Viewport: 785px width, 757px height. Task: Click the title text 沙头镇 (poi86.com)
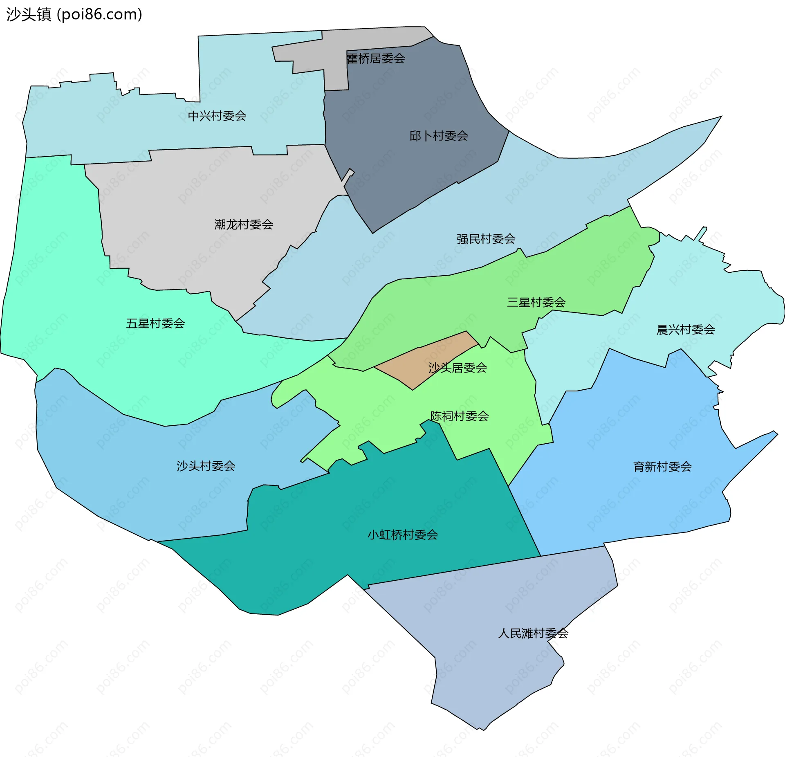click(74, 14)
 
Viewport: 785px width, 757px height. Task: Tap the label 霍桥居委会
click(376, 58)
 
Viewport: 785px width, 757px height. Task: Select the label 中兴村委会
click(217, 116)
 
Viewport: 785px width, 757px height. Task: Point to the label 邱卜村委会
click(439, 136)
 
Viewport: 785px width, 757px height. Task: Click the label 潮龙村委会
click(244, 225)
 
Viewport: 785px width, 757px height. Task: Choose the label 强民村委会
click(486, 239)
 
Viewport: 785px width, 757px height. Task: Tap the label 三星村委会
click(536, 302)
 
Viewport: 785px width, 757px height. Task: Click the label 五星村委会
click(155, 323)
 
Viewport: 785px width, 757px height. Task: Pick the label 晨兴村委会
click(685, 330)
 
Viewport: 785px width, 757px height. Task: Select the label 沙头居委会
click(458, 368)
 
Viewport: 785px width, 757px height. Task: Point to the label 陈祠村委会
click(459, 416)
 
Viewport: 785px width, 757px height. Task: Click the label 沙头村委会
click(206, 466)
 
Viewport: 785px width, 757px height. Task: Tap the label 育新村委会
click(662, 467)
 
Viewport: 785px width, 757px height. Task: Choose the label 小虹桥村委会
click(403, 535)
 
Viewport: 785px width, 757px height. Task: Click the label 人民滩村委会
click(533, 633)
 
